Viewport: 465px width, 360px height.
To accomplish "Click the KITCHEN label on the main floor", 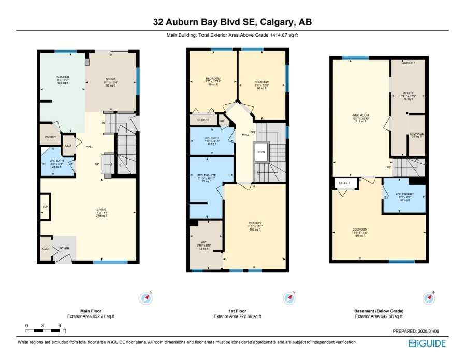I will (x=63, y=77).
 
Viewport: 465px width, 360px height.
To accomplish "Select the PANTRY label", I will (x=51, y=137).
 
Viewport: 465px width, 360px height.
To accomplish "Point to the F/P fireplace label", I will (x=45, y=207).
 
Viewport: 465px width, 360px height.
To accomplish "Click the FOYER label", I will (x=64, y=249).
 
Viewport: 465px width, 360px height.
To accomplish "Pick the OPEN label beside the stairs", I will (x=260, y=152).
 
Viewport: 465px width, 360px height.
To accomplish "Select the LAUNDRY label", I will (x=408, y=63).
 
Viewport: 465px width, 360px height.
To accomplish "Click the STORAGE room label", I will (x=416, y=134).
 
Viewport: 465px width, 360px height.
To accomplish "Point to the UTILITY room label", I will (x=409, y=94).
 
